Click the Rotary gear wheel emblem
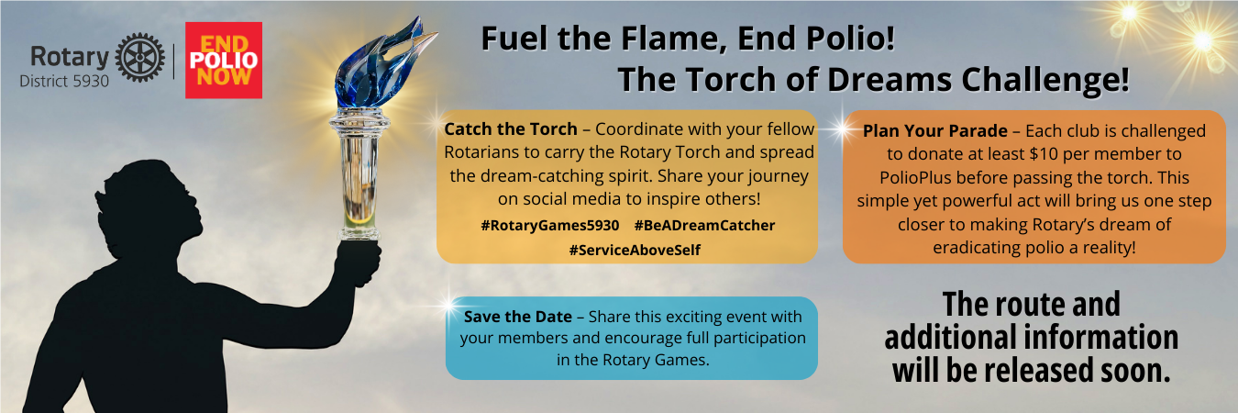pyautogui.click(x=139, y=58)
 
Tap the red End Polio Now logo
pyautogui.click(x=223, y=61)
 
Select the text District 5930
pyautogui.click(x=64, y=82)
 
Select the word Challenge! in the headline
pyautogui.click(x=1045, y=79)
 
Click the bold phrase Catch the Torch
pyautogui.click(x=511, y=128)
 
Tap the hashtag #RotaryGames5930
pyautogui.click(x=550, y=226)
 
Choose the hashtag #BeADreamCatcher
pyautogui.click(x=704, y=226)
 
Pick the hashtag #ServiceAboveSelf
pyautogui.click(x=635, y=250)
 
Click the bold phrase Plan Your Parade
pyautogui.click(x=935, y=131)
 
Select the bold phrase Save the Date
pyautogui.click(x=518, y=317)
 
